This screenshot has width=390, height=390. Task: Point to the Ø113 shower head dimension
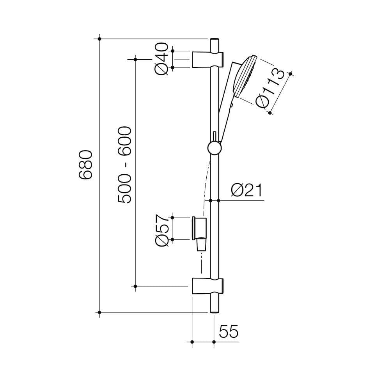click(270, 89)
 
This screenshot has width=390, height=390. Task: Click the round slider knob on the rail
click(214, 148)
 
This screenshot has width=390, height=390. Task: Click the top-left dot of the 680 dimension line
click(100, 39)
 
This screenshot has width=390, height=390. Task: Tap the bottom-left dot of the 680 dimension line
click(100, 312)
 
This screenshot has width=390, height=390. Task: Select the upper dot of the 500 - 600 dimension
click(135, 59)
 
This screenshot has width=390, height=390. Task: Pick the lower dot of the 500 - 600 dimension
click(135, 286)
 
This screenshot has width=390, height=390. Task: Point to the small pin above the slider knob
click(214, 136)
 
